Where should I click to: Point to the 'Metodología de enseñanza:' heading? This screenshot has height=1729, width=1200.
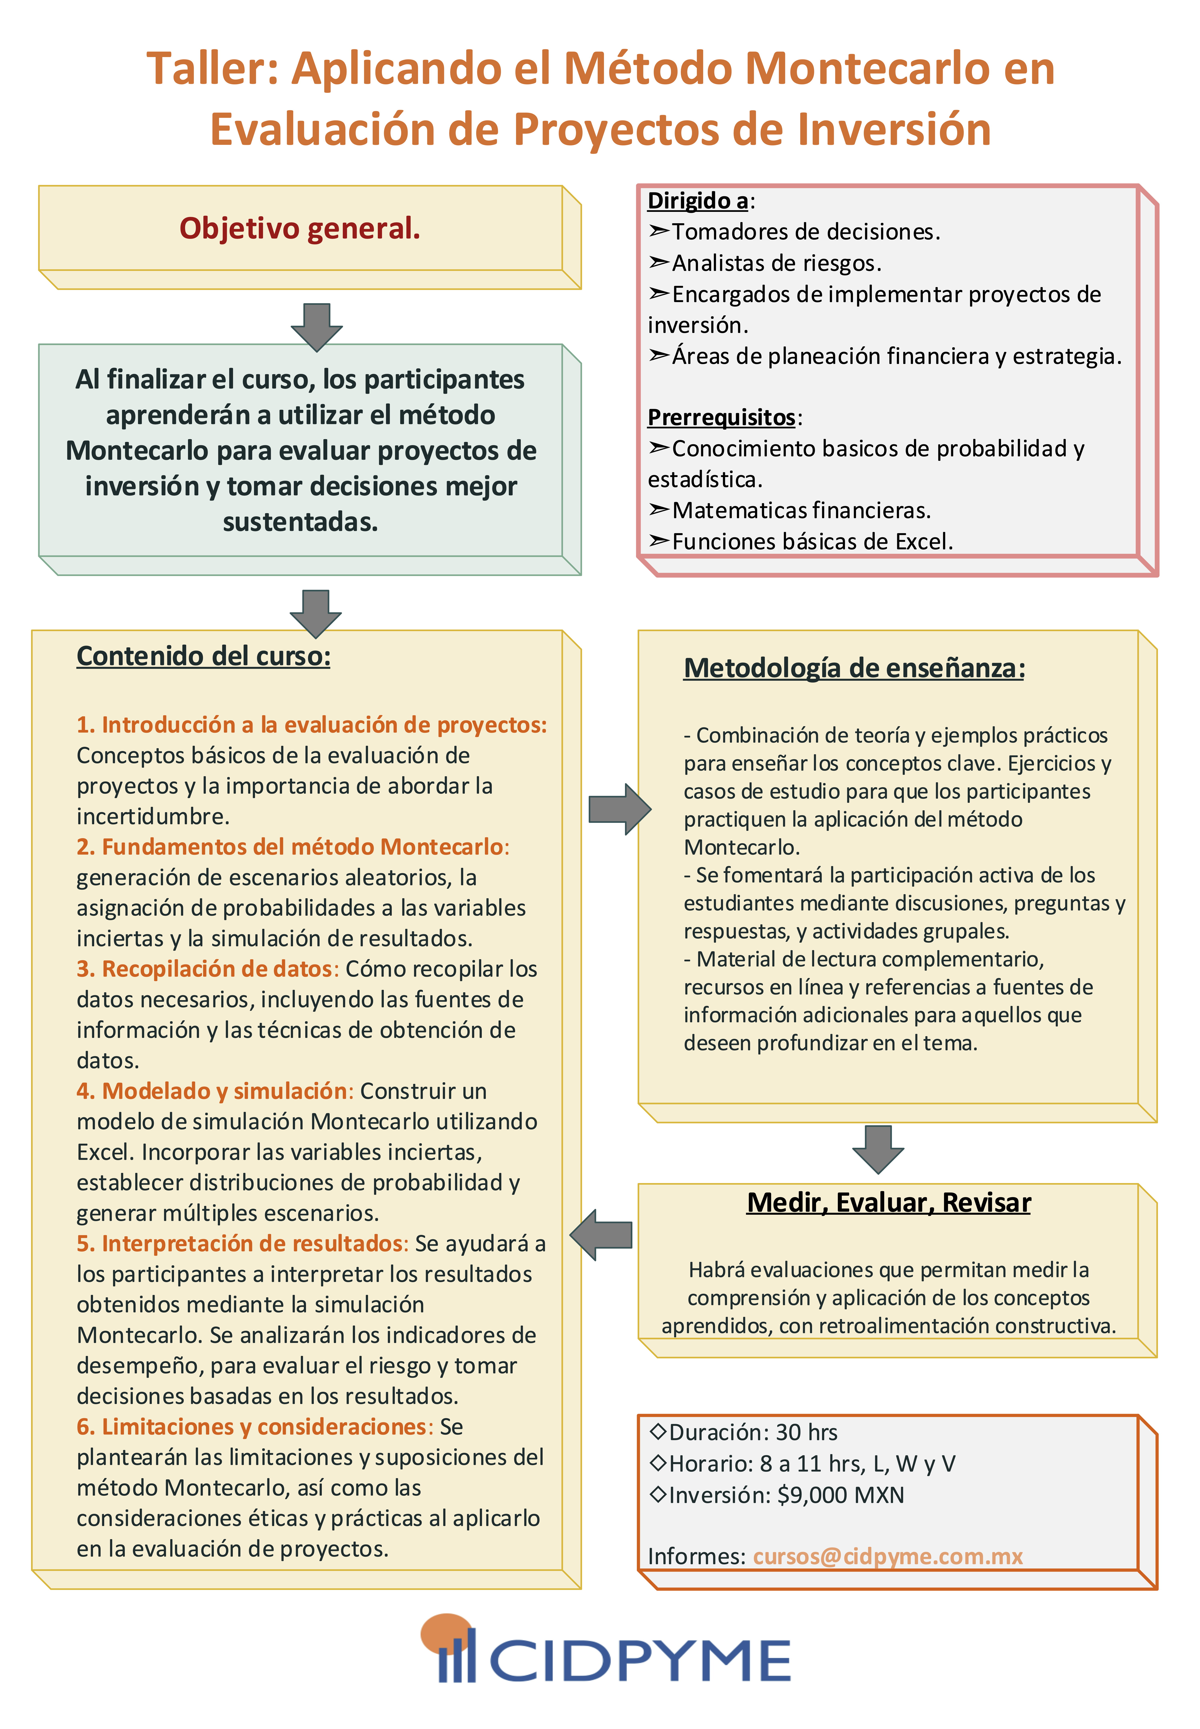tap(854, 668)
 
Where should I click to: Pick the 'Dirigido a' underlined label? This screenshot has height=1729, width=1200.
tap(698, 201)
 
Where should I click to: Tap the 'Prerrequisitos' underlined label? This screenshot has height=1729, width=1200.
tap(721, 417)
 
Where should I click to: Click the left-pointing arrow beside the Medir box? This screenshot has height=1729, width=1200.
tap(602, 1235)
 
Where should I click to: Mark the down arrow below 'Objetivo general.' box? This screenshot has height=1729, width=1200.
tap(317, 326)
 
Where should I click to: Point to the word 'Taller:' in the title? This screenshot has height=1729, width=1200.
tap(212, 69)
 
